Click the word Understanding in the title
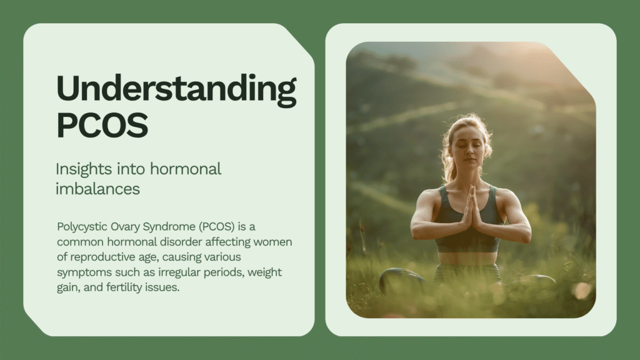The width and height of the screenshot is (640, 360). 176,90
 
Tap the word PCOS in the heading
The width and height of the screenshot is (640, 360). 102,125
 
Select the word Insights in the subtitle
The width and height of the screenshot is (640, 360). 84,169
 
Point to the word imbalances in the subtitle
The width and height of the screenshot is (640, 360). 97,189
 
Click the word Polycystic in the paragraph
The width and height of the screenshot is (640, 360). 82,227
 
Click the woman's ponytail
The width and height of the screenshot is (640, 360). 449,163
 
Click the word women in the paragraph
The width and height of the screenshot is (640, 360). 272,242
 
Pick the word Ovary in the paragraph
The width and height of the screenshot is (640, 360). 125,227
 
